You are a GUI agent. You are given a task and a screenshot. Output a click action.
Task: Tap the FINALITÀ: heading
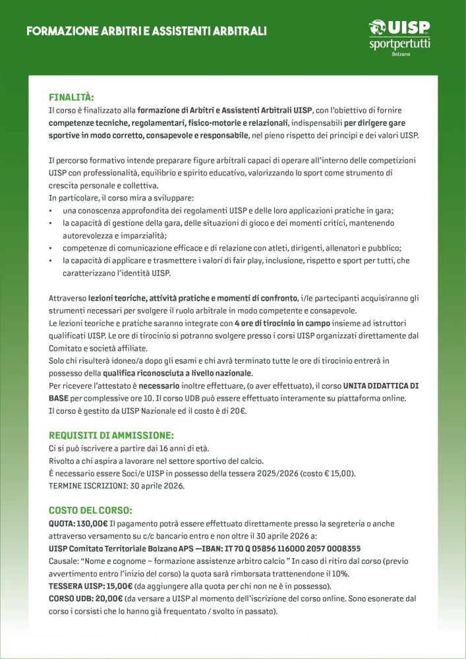(x=71, y=97)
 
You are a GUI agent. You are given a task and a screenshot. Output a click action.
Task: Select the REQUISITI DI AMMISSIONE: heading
(x=111, y=435)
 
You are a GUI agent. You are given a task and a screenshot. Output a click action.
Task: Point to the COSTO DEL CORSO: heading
(x=90, y=510)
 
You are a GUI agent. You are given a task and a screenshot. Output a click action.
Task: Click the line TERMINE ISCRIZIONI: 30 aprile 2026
(x=117, y=486)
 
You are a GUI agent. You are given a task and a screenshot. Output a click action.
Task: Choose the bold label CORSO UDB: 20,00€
(x=86, y=598)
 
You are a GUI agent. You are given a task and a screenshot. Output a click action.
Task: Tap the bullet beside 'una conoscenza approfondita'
(x=51, y=211)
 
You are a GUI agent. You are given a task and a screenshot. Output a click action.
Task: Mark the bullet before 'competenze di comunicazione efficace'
(x=51, y=248)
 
